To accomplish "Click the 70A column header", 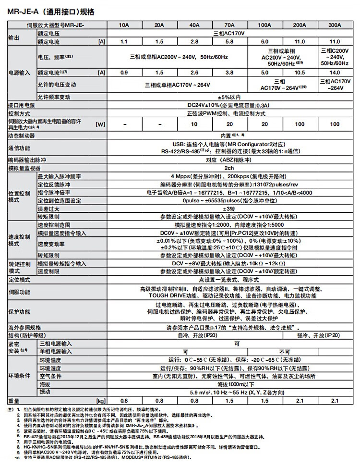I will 229,25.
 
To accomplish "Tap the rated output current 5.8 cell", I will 229,42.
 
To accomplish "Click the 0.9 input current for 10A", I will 124,73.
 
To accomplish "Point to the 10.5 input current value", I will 299,73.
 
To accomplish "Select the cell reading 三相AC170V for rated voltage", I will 229,34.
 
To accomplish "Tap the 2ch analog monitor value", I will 229,168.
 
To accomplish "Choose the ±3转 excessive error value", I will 229,209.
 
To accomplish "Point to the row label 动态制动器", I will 22,135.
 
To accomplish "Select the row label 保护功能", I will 19,312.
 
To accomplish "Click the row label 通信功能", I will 19,147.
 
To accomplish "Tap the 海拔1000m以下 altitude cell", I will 229,385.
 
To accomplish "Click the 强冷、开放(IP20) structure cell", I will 317,335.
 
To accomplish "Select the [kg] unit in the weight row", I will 100,400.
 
